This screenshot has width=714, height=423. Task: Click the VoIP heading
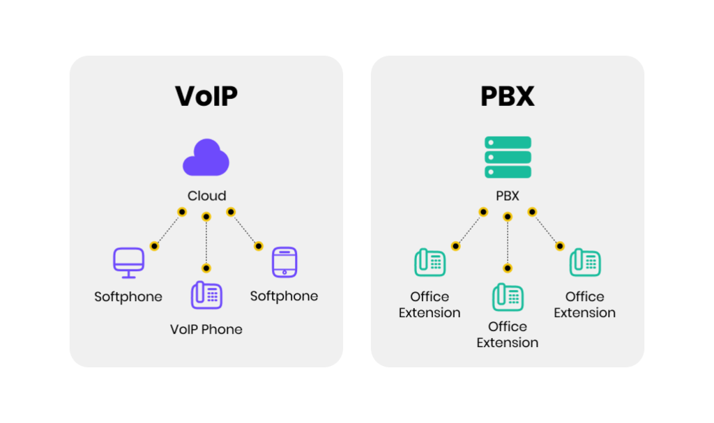tap(206, 96)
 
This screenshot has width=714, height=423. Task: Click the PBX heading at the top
tap(508, 96)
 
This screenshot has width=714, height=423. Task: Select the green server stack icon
tap(508, 157)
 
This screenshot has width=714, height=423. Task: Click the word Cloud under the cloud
tap(206, 196)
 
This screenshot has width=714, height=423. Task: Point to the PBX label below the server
tap(508, 196)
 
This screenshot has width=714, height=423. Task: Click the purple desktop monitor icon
tap(129, 262)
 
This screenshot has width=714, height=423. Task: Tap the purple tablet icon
tap(284, 262)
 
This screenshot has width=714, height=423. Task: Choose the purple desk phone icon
tap(206, 295)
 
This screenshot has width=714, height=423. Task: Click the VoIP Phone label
tap(206, 330)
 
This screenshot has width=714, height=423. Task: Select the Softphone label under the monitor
tap(128, 297)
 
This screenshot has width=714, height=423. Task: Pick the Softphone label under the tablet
tap(284, 296)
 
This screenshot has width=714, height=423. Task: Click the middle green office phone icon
tap(508, 296)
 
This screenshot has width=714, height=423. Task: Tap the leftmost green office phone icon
tap(430, 263)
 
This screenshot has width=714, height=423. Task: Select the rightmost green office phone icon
tap(585, 263)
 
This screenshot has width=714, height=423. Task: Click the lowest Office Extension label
tap(508, 334)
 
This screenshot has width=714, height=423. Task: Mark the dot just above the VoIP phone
tap(206, 268)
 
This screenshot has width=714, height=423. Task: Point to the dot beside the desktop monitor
tap(155, 246)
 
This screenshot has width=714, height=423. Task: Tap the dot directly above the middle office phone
tap(508, 268)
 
